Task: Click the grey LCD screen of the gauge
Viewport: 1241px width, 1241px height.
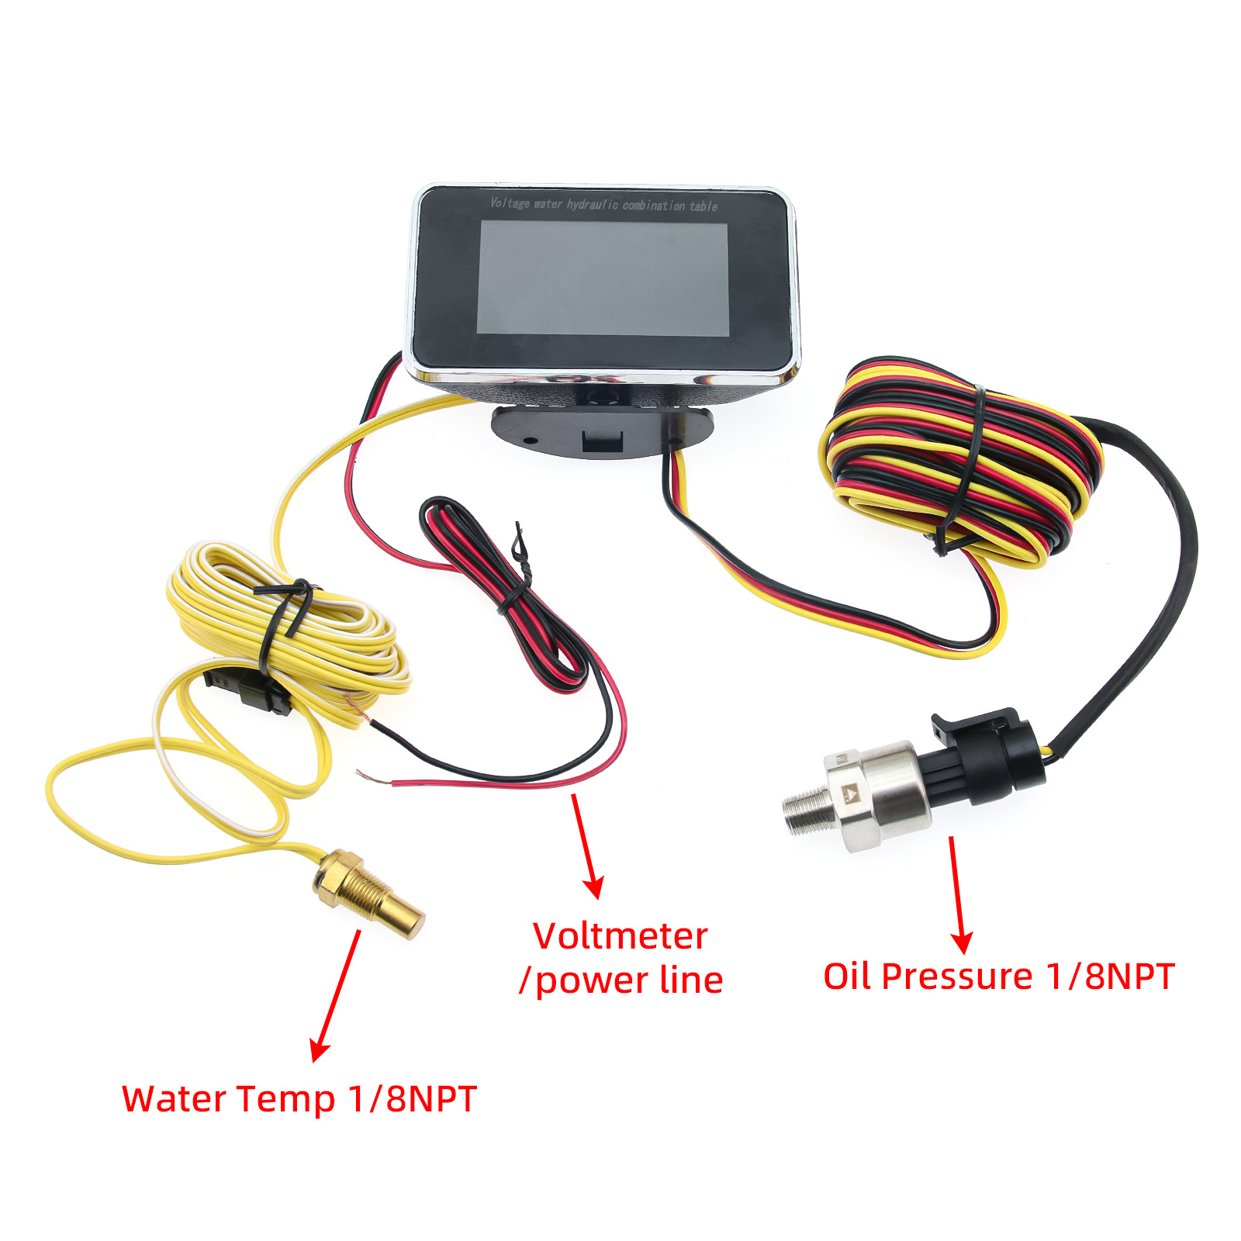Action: (603, 278)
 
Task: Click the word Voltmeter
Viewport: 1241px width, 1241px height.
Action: (620, 936)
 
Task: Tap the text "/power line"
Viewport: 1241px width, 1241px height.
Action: (621, 980)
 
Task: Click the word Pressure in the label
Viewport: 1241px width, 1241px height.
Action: (957, 977)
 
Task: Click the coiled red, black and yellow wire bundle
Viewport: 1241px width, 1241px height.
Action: (962, 461)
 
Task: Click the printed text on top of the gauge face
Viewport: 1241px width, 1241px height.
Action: (603, 205)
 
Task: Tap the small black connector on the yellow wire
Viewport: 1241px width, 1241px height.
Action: (248, 689)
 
